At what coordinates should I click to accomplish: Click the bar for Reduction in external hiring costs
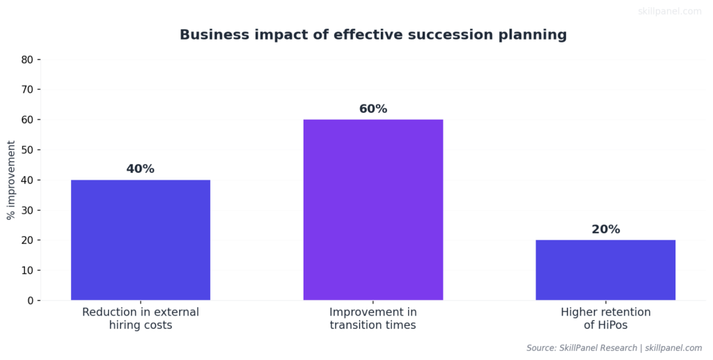(141, 240)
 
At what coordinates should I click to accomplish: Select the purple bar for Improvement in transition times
(373, 210)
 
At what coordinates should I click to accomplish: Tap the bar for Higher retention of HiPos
(605, 270)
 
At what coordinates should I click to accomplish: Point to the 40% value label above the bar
(141, 169)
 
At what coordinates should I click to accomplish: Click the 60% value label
(373, 109)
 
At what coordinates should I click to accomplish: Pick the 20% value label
(605, 230)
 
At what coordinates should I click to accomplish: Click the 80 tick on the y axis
(27, 60)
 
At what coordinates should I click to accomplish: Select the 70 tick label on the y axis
(27, 90)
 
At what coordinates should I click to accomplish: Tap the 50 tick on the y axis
(27, 150)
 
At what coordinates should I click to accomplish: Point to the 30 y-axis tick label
(27, 210)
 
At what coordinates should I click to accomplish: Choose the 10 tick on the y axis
(27, 270)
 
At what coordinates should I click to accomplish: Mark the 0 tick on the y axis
(30, 301)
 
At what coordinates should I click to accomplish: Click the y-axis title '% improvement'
(11, 180)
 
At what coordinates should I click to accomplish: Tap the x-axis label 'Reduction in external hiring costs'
(141, 318)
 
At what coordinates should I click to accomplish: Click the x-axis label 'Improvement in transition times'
(373, 318)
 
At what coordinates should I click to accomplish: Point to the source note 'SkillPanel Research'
(601, 347)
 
